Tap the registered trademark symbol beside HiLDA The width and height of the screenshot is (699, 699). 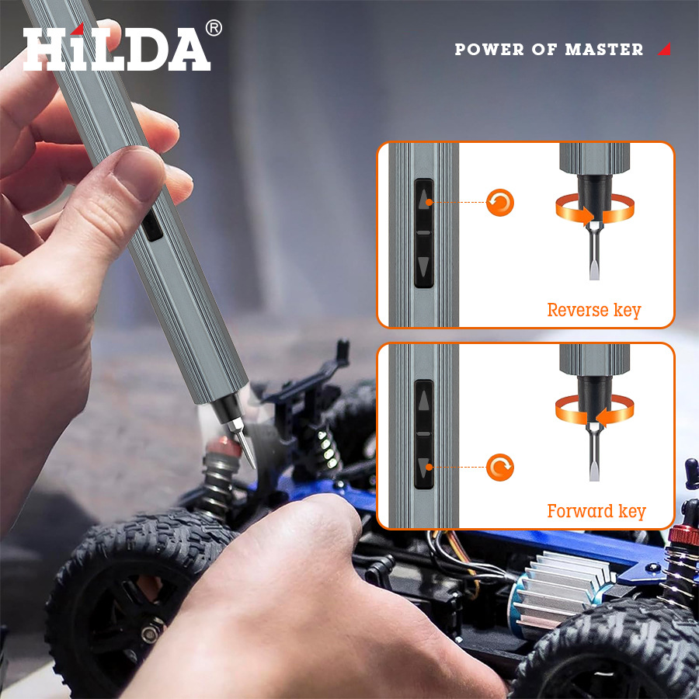214,28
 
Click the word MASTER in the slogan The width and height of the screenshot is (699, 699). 604,50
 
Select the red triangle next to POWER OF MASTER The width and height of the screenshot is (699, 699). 664,50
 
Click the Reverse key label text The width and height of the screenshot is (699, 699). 594,310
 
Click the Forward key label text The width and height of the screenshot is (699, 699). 596,511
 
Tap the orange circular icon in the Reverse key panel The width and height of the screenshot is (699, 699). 500,203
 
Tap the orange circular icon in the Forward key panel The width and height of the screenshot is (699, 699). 500,468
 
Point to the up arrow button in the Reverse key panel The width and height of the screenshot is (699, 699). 423,200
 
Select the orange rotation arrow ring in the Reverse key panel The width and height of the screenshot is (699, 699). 595,209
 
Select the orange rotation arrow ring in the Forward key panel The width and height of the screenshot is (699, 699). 595,409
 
